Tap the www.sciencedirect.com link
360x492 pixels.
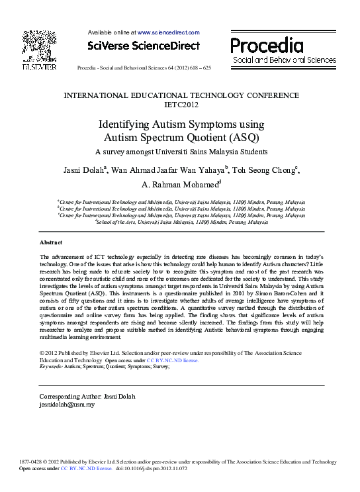(168, 32)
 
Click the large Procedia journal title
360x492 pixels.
(267, 45)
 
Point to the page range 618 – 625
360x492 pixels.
(198, 68)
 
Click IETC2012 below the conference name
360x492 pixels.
(181, 105)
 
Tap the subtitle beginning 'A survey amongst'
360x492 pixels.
(180, 151)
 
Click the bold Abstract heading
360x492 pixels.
(52, 243)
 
